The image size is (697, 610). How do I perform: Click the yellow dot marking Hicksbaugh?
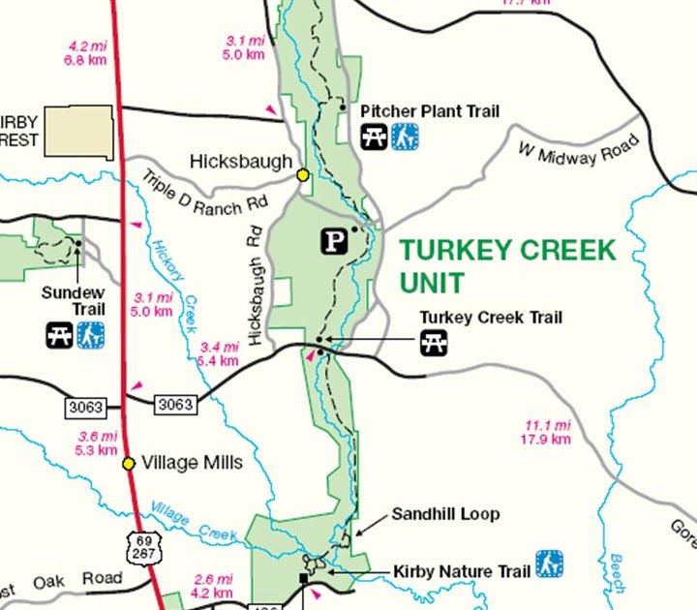coord(303,174)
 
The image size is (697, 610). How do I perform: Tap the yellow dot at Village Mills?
coord(129,463)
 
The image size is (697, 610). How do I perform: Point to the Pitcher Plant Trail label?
coord(430,111)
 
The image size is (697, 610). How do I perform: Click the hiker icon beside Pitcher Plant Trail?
coord(406,137)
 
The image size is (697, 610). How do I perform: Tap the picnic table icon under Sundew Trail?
coord(58,336)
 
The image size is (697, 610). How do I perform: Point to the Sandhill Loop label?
coord(445,514)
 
